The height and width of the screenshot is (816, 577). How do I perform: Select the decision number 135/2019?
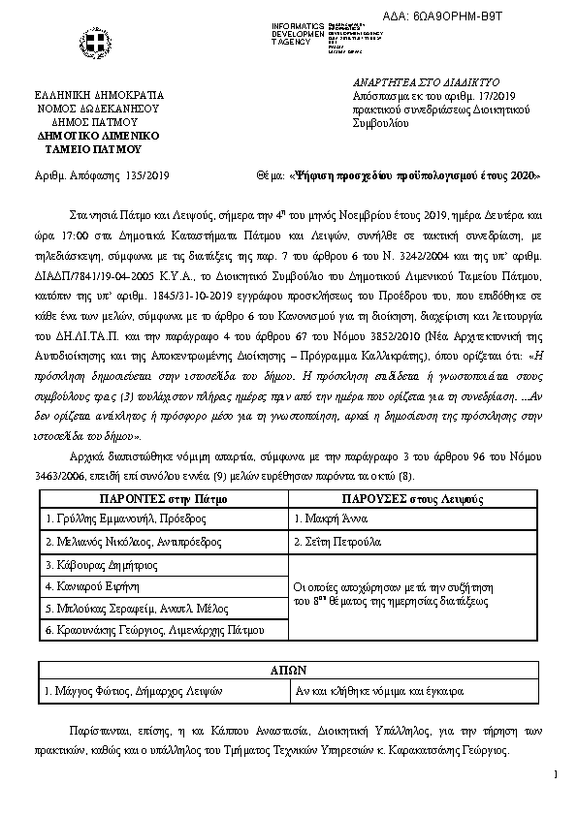[x=148, y=175]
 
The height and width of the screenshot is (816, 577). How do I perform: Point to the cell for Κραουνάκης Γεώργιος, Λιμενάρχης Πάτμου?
[x=155, y=631]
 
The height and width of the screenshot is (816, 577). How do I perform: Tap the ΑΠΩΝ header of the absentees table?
[x=288, y=670]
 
